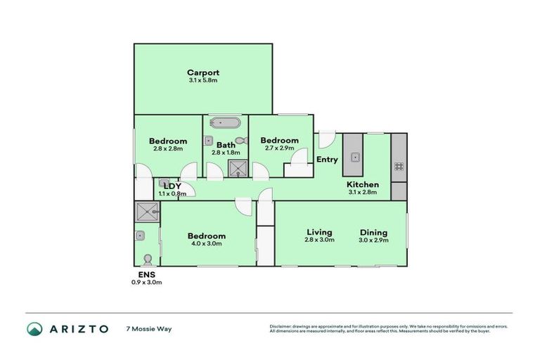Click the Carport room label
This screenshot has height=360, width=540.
click(203, 72)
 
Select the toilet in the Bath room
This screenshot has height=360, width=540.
click(240, 141)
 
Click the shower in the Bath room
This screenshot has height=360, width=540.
click(238, 169)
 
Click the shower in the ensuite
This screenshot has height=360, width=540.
click(148, 212)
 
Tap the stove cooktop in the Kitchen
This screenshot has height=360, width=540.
click(399, 167)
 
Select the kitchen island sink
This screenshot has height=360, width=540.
click(353, 156)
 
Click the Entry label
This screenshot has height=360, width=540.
click(327, 160)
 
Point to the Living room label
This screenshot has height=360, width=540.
click(319, 232)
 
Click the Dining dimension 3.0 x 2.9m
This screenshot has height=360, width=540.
click(374, 240)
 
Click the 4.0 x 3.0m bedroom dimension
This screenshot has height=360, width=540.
click(207, 244)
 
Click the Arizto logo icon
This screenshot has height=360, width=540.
click(34, 328)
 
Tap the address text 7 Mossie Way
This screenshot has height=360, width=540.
click(148, 328)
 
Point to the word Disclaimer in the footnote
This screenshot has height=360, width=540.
click(281, 326)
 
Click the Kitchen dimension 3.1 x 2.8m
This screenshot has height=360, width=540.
click(364, 192)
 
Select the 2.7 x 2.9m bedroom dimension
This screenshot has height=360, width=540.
click(279, 148)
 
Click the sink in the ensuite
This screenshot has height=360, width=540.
click(141, 236)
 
